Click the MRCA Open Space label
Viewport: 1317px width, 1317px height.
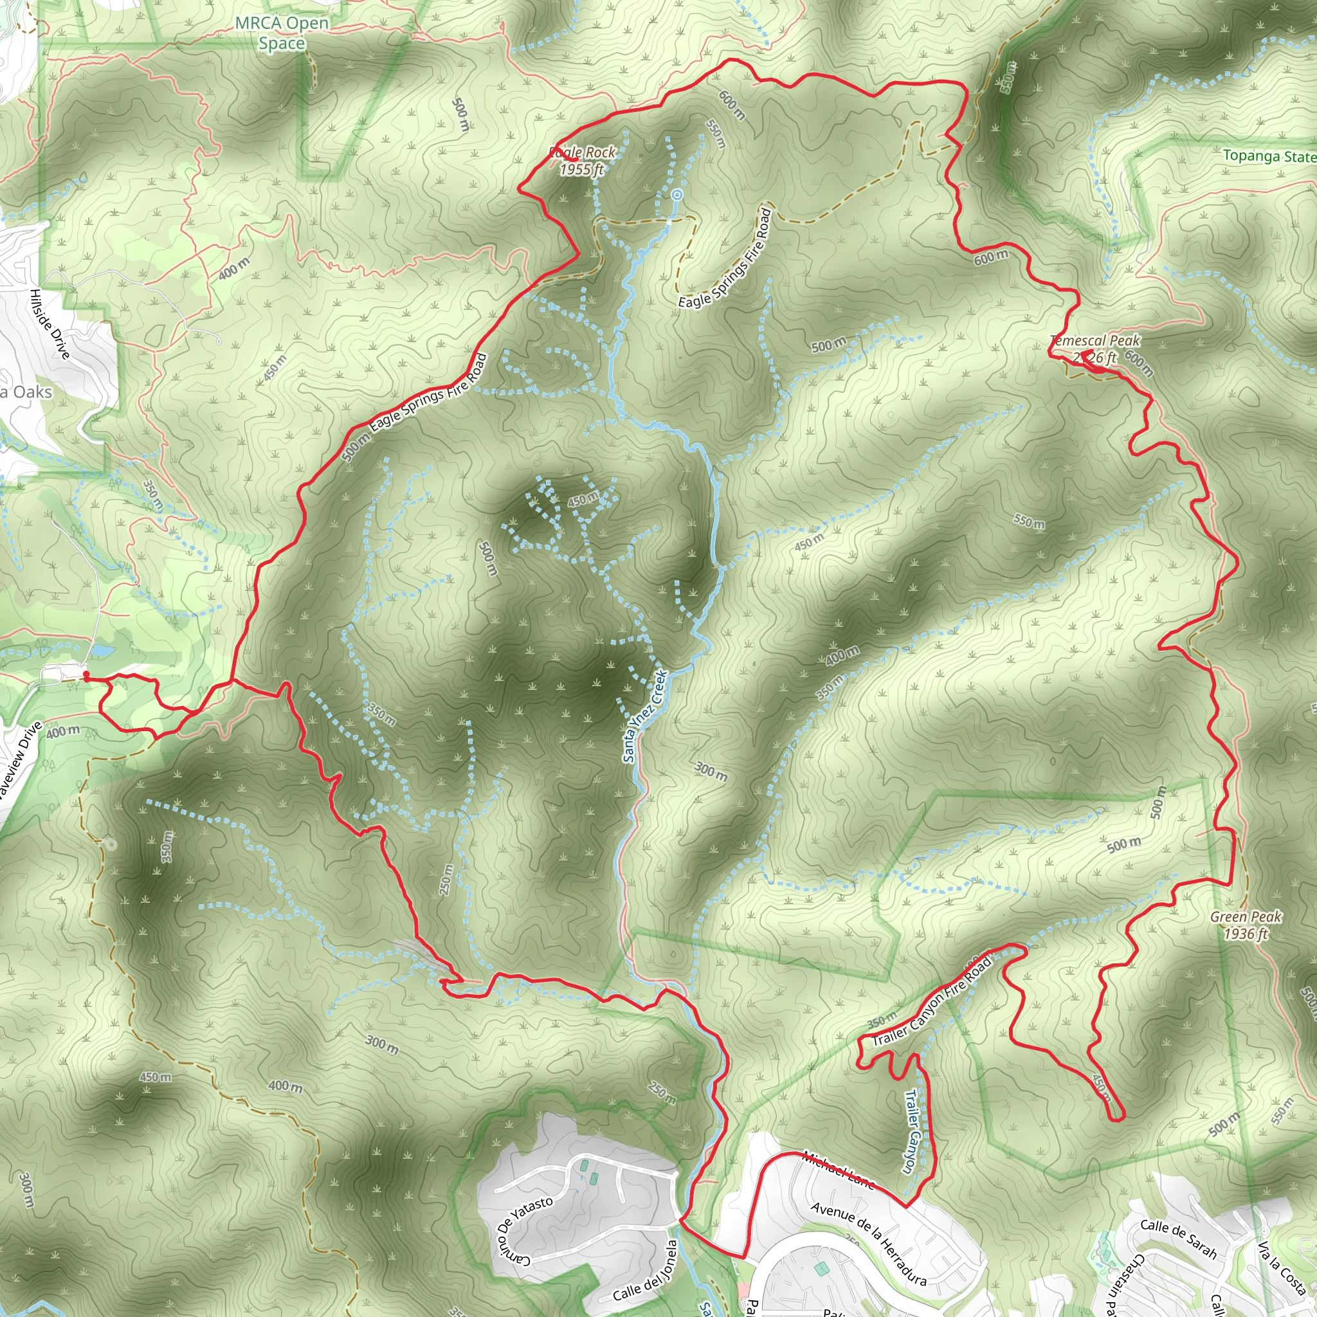282,33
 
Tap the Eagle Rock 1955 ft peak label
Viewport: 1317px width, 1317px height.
583,161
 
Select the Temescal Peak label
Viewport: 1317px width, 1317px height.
1094,349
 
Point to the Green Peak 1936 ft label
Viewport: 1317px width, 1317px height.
1246,925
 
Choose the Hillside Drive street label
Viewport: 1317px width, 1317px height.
50,324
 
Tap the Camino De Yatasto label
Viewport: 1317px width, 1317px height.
523,1226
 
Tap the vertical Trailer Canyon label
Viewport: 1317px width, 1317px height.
911,1132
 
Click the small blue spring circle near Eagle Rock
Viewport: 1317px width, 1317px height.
677,195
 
